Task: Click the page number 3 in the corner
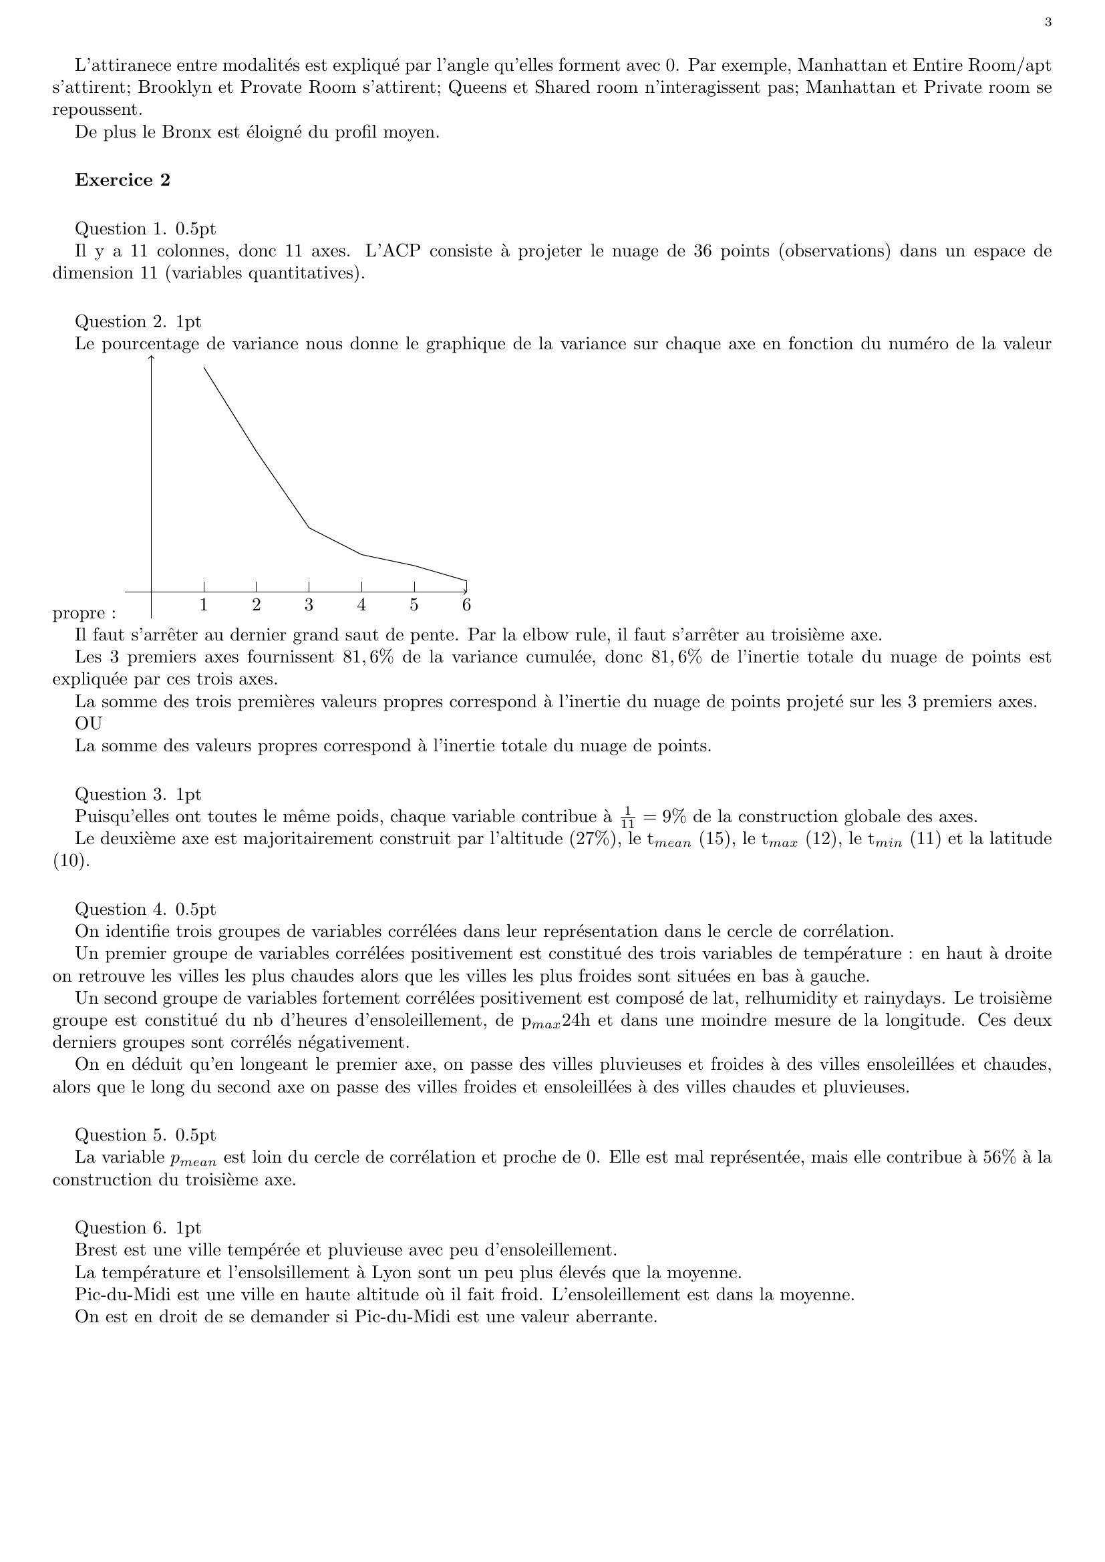tap(1048, 23)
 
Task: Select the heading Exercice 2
tap(122, 180)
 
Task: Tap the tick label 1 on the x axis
tap(204, 604)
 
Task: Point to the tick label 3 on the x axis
tap(309, 604)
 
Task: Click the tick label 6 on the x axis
tap(466, 604)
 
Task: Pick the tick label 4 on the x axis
tap(361, 604)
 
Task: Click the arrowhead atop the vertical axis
tap(151, 358)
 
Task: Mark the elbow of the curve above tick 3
tap(309, 528)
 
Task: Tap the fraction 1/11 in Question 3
tap(627, 817)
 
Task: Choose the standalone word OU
tap(88, 723)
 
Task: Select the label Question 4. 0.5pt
tap(145, 909)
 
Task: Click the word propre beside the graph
tap(78, 614)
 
